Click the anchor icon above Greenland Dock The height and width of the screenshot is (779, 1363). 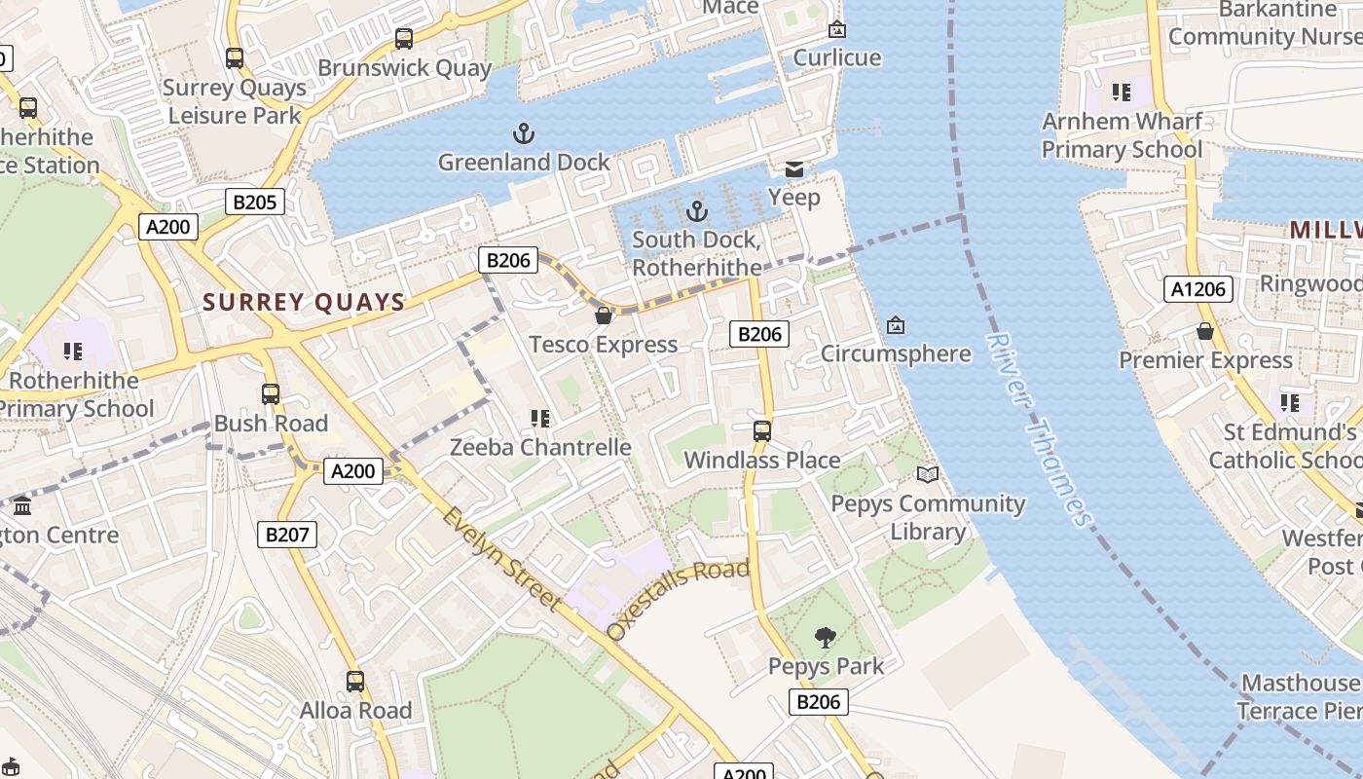point(524,132)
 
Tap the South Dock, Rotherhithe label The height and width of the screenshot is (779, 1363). point(696,253)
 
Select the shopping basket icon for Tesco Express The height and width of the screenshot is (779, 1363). point(604,315)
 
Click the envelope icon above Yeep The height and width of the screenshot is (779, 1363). point(794,169)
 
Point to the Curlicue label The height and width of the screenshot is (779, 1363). point(836,57)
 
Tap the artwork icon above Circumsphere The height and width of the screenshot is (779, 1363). point(896,325)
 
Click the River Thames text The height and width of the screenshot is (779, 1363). point(1039,428)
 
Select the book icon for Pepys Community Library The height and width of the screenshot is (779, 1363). point(928,474)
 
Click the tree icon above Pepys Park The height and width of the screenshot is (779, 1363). point(826,638)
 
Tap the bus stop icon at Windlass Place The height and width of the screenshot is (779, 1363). point(762,430)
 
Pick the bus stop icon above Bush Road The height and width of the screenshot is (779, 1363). point(271,394)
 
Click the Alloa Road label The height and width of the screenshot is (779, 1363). point(355,710)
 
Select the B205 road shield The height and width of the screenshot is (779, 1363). point(255,203)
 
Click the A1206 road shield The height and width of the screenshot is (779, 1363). point(1198,289)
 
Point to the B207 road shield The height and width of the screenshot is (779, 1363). point(287,534)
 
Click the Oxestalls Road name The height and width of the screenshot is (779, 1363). point(678,598)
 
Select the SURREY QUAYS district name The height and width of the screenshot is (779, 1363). point(304,302)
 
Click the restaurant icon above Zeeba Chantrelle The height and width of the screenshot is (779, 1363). point(540,419)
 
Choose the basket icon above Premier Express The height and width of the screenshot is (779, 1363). point(1205,331)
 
